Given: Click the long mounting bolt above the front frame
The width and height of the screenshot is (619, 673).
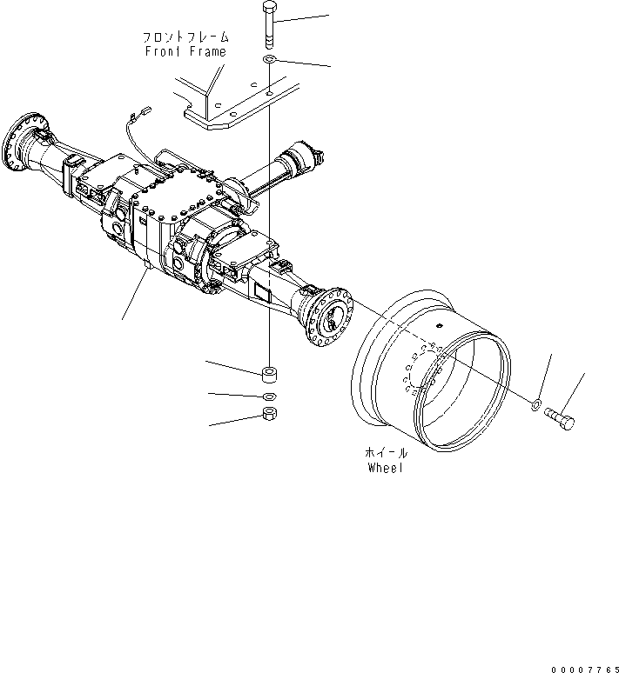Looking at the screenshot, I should pyautogui.click(x=268, y=27).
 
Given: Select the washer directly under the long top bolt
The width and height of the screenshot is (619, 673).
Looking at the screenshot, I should pyautogui.click(x=269, y=58).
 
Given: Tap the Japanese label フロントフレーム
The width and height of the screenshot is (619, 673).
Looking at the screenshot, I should pyautogui.click(x=186, y=37).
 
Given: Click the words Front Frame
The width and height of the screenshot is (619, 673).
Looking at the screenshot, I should pyautogui.click(x=185, y=51).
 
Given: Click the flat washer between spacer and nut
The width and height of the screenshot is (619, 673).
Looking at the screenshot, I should pyautogui.click(x=269, y=396).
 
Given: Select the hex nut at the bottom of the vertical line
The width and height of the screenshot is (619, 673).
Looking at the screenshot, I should pyautogui.click(x=269, y=414).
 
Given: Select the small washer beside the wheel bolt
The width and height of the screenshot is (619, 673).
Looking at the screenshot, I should pyautogui.click(x=537, y=403).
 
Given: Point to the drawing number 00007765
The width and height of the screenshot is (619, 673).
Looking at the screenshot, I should pyautogui.click(x=582, y=667).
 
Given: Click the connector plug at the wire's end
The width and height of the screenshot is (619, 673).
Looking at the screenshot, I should pyautogui.click(x=145, y=110).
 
